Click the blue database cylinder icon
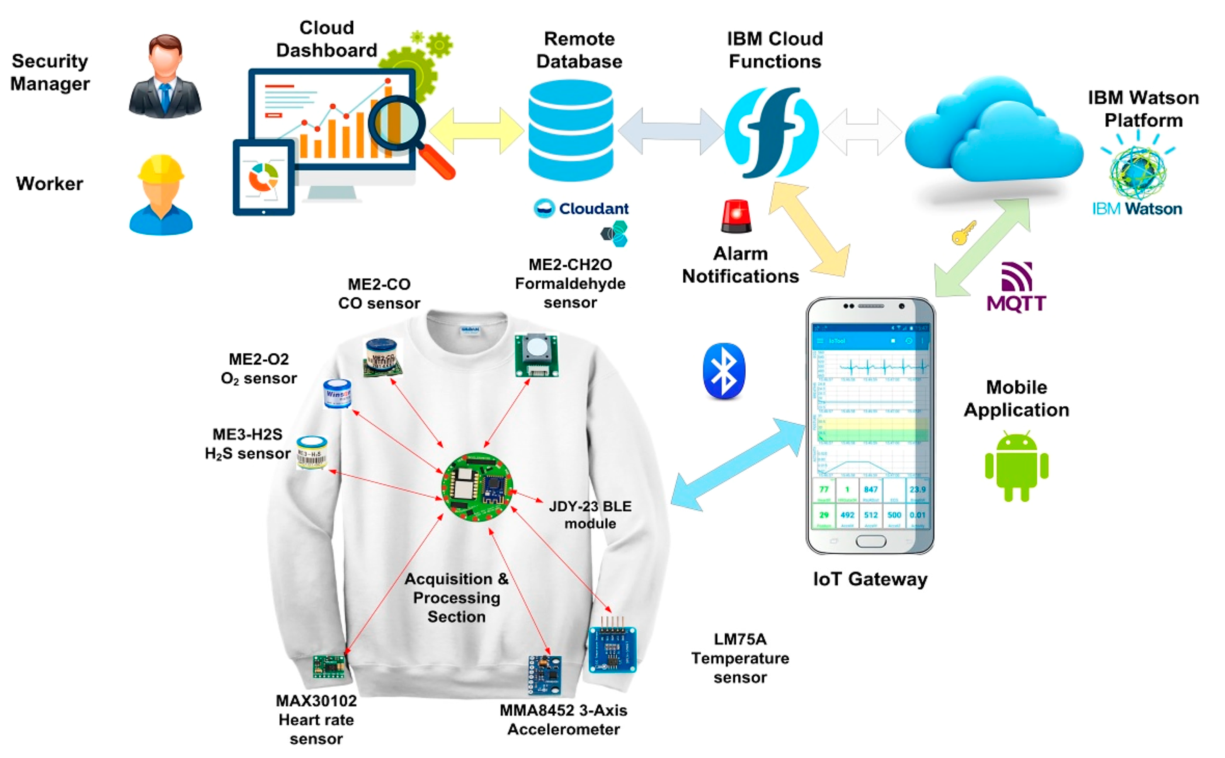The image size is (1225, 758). point(571,130)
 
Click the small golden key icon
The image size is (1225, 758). point(963,233)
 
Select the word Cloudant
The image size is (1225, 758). point(593,209)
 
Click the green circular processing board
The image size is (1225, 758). point(477,487)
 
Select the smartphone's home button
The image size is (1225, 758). point(870,541)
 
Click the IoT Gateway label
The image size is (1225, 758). point(870,579)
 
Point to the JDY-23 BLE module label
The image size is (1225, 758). point(590,515)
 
